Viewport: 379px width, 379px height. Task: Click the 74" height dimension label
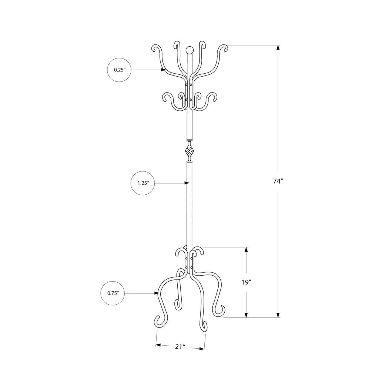pos(278,181)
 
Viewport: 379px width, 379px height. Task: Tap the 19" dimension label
pos(246,282)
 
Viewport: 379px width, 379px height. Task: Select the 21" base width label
pos(180,346)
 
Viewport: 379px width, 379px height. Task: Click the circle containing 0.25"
pos(119,70)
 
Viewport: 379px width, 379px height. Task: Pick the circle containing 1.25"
pos(142,183)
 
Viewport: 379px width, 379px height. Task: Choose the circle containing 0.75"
pos(113,293)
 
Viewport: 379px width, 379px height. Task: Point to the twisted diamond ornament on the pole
pos(190,151)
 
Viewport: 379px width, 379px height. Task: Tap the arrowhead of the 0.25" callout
pos(163,70)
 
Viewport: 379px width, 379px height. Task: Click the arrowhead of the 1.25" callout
pos(187,183)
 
